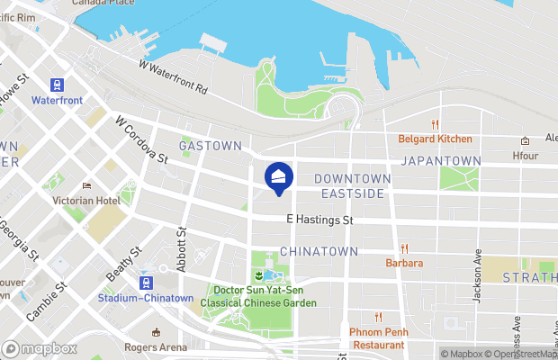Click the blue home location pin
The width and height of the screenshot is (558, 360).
pos(279,176)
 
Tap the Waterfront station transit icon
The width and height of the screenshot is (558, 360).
pos(58,85)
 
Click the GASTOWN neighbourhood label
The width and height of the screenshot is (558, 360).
pos(210,145)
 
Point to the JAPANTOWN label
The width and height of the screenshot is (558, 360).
pos(440,160)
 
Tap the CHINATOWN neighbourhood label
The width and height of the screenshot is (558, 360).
pos(319,250)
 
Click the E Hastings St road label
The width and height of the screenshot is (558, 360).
pos(319,220)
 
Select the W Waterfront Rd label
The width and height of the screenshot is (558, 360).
pos(173,78)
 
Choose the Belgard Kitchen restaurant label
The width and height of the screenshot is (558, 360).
pos(436,139)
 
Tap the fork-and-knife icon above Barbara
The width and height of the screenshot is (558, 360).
pos(404,248)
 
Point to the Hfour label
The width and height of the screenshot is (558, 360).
pos(525,155)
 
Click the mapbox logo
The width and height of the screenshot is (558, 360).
pos(40,348)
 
